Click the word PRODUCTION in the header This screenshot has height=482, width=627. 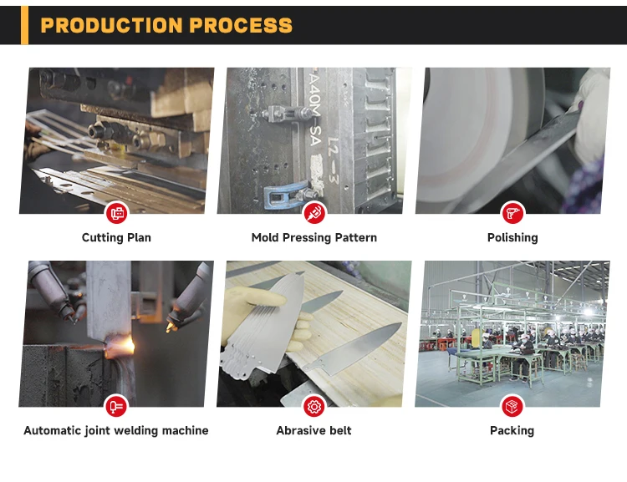click(111, 25)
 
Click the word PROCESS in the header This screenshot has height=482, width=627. click(241, 25)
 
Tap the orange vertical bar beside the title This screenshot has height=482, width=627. click(24, 24)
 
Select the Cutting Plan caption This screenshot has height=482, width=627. click(116, 238)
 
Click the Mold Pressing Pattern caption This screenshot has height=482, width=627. click(313, 238)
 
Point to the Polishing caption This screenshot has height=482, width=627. click(512, 238)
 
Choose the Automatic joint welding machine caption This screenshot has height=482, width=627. click(116, 431)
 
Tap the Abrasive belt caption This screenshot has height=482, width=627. click(313, 431)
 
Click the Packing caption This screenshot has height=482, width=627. click(512, 431)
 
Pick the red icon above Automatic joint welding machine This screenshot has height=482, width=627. click(117, 407)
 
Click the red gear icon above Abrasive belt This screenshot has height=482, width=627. click(314, 407)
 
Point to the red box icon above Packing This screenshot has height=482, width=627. click(512, 407)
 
